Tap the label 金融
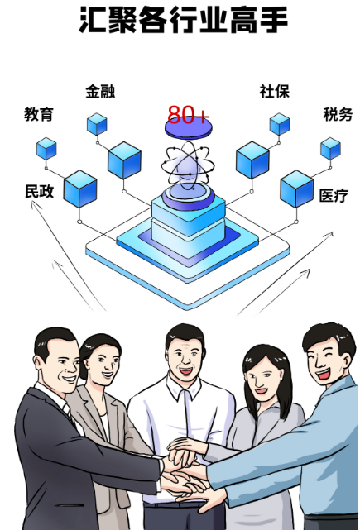pos(100,91)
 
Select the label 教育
pos(39,114)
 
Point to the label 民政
pos(39,191)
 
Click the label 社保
pos(275,91)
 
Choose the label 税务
pos(338,114)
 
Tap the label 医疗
pos(334,195)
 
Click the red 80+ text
pos(188,115)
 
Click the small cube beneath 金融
pos(97,124)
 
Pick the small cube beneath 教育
pos(46,149)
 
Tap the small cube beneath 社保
pos(280,124)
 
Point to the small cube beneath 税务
pos(330,149)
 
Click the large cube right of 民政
pos(80,189)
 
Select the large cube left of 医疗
pos(296,189)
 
